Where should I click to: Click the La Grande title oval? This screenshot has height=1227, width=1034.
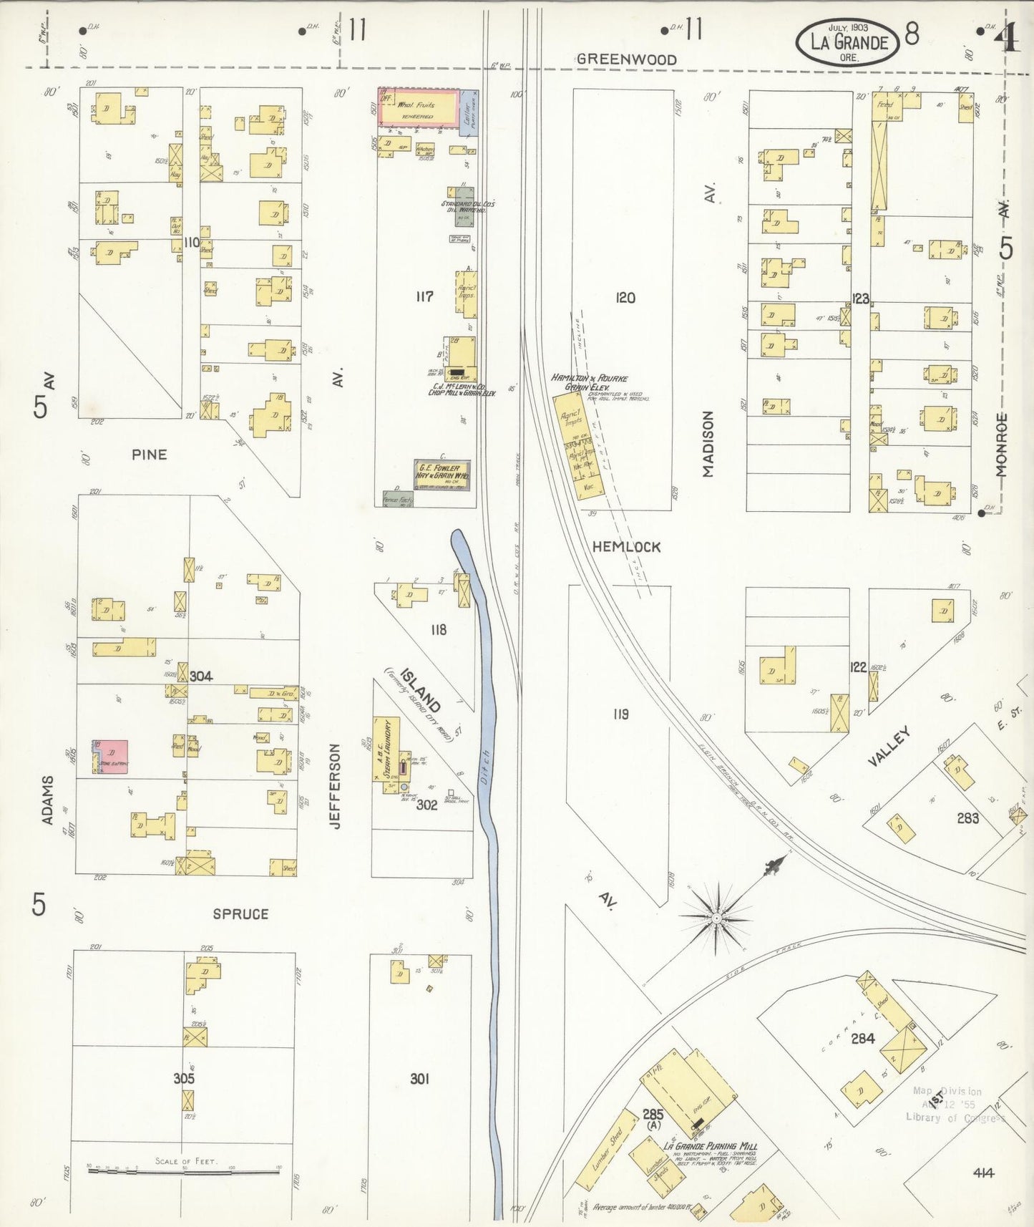coord(849,42)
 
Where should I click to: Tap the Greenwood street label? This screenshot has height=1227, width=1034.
coord(627,59)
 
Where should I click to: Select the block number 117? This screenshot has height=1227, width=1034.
coord(424,296)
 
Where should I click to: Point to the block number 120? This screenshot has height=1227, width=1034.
coord(625,297)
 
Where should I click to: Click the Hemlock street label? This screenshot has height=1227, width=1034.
coord(626,546)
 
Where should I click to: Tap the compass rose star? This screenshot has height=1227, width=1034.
coord(716,917)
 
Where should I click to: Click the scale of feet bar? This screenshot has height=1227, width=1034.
coord(183,1172)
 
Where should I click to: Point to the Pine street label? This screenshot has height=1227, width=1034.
coord(150,454)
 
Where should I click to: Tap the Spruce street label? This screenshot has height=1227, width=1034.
coord(240,913)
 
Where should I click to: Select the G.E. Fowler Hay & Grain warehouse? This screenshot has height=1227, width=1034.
coord(442,475)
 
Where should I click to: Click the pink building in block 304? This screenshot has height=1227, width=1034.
coord(111,757)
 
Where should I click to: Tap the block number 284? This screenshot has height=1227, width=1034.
coord(862,1038)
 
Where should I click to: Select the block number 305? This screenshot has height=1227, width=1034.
coord(184,1078)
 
